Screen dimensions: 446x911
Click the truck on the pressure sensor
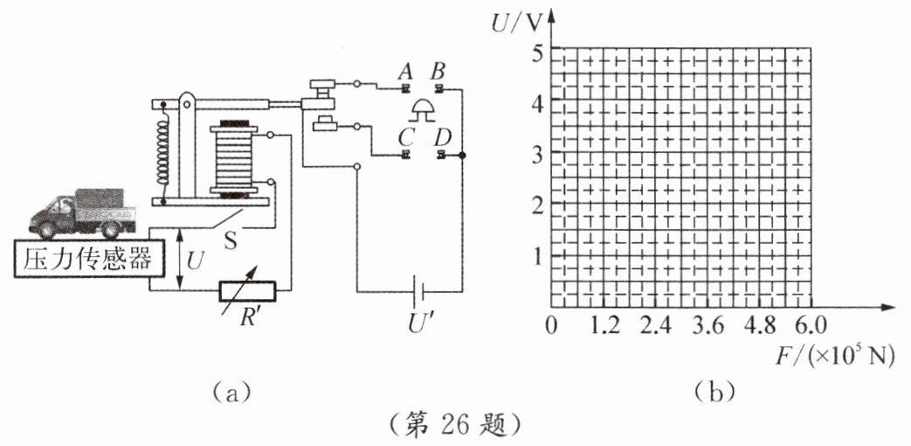[80, 214]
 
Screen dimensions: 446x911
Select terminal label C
[404, 136]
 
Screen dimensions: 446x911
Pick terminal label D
[444, 136]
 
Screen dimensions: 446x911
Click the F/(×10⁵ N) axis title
[837, 355]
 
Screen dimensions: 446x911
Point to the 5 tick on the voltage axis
[537, 52]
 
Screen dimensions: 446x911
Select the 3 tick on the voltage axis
[537, 154]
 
